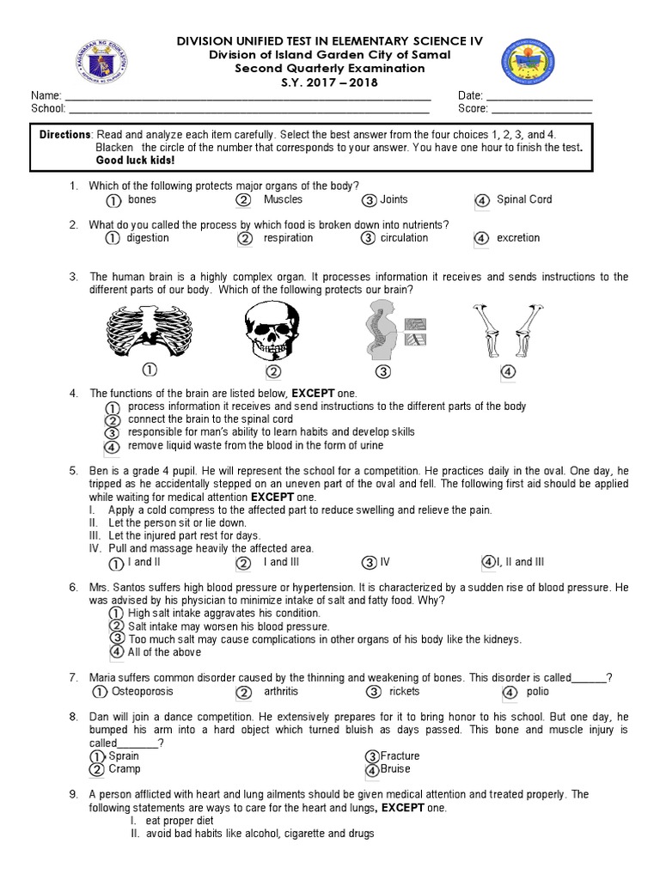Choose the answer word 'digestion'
[148, 238]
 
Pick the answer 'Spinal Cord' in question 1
[524, 199]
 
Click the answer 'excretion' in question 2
[518, 238]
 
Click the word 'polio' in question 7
[537, 691]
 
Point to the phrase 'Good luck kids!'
[135, 161]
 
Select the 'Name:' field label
[46, 95]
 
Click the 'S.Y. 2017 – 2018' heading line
[331, 82]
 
